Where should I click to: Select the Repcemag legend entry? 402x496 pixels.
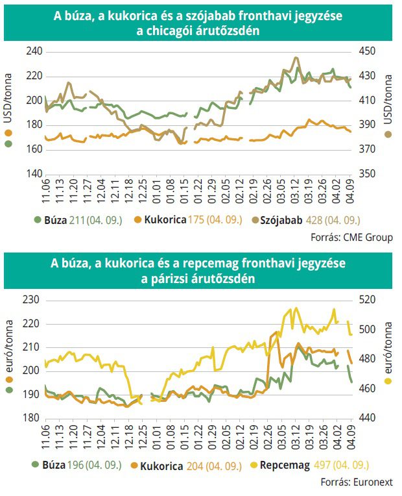pyautogui.click(x=285, y=465)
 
